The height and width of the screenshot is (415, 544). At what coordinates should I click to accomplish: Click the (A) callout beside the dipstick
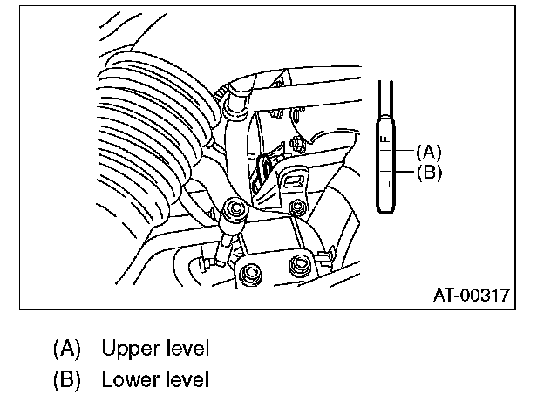click(429, 151)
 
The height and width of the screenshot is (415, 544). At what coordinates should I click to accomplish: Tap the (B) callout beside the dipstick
click(429, 172)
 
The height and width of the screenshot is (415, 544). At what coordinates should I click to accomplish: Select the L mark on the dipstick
click(384, 186)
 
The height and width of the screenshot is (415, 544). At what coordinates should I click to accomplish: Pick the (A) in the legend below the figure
click(66, 350)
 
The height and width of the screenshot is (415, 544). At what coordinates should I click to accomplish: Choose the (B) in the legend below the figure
click(66, 380)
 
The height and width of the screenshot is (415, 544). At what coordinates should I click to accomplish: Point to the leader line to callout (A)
click(405, 152)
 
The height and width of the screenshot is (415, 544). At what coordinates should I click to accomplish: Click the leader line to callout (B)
click(405, 172)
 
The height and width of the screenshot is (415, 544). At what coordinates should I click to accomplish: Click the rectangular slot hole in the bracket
click(293, 180)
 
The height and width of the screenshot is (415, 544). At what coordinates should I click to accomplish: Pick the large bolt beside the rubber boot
click(233, 209)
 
